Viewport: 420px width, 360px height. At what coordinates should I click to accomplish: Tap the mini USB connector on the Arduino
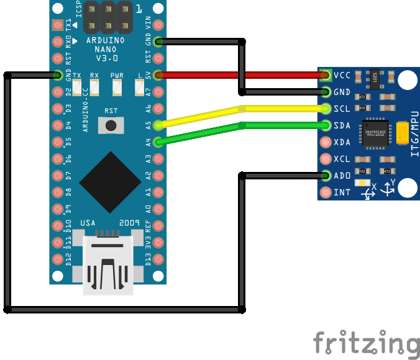click(109, 264)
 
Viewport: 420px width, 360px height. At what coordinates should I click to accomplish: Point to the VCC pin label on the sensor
click(342, 76)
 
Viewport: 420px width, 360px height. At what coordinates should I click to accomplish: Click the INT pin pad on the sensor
click(325, 192)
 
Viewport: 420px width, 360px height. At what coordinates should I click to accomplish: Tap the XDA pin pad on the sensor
click(325, 142)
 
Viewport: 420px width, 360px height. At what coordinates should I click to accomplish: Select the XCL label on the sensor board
click(342, 160)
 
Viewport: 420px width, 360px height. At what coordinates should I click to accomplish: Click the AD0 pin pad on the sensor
click(325, 176)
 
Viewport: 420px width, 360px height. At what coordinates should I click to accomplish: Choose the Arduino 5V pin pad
click(158, 75)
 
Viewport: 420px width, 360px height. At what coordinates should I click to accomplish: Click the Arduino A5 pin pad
click(158, 125)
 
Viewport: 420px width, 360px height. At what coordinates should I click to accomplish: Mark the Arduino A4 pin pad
click(158, 142)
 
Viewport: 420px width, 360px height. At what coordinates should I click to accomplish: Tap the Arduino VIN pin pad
click(158, 25)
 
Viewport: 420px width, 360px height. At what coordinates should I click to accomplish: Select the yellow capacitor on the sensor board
click(404, 132)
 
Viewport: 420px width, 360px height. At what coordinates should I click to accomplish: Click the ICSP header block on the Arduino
click(107, 17)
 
